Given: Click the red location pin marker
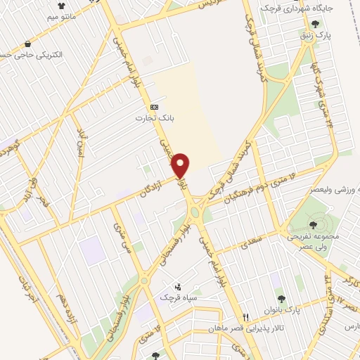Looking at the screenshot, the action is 181,165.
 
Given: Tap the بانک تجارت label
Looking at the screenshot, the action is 149,117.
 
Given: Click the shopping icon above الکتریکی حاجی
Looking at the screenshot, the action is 27,44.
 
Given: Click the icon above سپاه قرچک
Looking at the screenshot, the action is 177,286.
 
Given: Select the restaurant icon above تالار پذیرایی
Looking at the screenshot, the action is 245,317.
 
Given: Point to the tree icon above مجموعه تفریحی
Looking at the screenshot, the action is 313,225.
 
